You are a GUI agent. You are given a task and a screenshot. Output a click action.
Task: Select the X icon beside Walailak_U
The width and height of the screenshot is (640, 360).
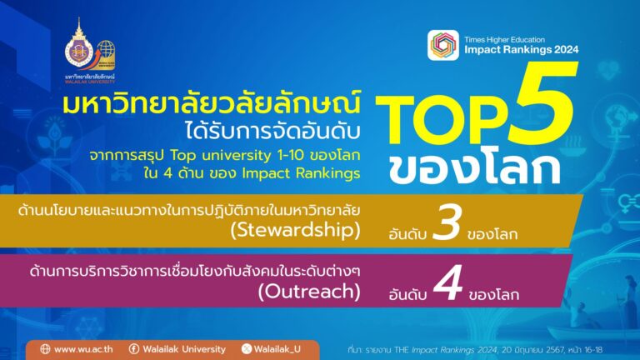click(245, 348)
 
